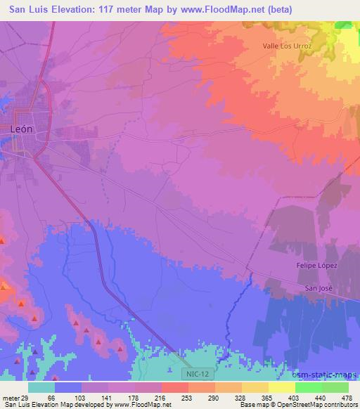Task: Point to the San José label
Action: coord(317,288)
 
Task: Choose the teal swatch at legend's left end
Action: coord(41,387)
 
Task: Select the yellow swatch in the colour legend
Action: coord(282,387)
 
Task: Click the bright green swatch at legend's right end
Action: coord(335,387)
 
